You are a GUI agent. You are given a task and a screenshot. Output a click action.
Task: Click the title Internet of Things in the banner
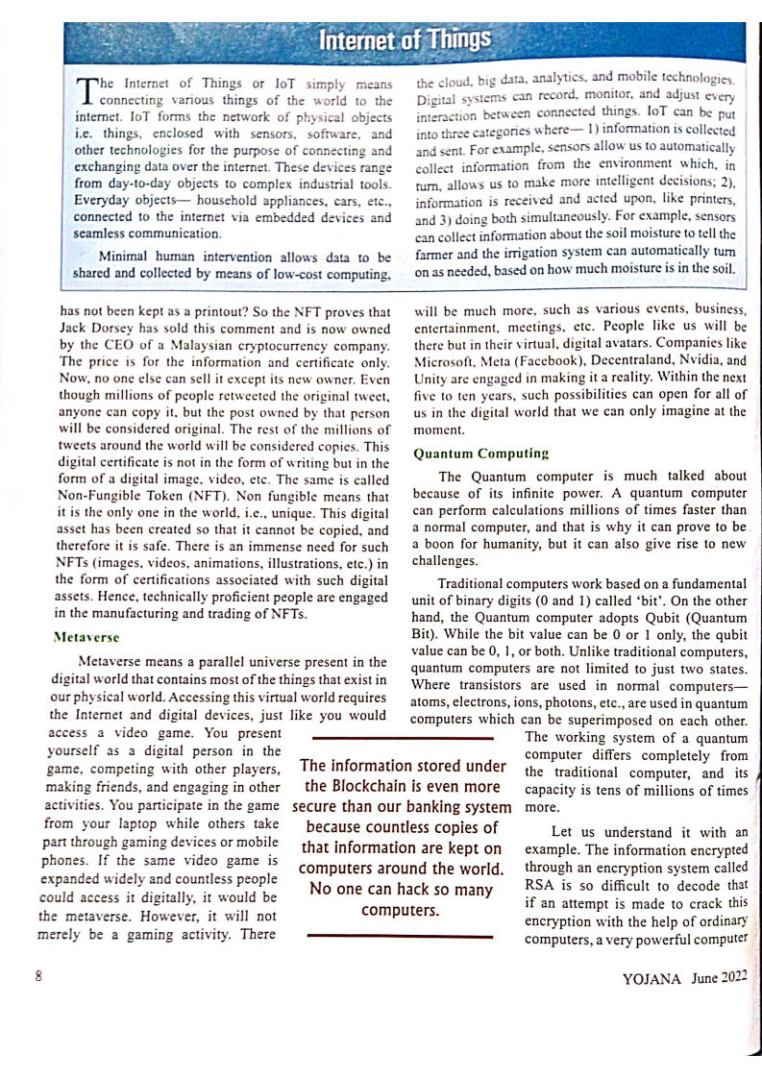tap(404, 39)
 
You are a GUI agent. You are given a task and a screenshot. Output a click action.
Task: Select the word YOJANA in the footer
tap(651, 979)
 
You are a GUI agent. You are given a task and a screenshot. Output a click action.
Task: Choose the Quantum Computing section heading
tap(480, 452)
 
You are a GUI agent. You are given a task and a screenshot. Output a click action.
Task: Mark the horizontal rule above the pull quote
tap(403, 738)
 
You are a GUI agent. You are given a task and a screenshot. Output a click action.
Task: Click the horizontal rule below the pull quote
tap(403, 936)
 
